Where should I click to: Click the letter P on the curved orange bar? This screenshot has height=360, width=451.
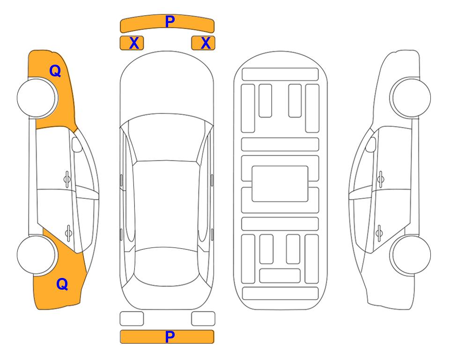pyautogui.click(x=170, y=22)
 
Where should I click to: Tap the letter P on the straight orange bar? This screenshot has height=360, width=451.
pyautogui.click(x=170, y=337)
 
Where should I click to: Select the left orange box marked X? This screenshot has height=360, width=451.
pyautogui.click(x=132, y=43)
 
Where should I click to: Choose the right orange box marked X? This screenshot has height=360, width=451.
pyautogui.click(x=203, y=43)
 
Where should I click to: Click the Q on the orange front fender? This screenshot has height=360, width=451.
pyautogui.click(x=55, y=71)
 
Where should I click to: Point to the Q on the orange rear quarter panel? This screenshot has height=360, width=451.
pyautogui.click(x=62, y=284)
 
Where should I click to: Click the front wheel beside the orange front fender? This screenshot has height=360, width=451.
pyautogui.click(x=37, y=98)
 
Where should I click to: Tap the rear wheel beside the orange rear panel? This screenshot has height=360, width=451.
pyautogui.click(x=37, y=255)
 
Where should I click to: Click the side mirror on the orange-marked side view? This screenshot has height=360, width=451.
pyautogui.click(x=76, y=144)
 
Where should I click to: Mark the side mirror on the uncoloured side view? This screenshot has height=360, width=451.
pyautogui.click(x=371, y=144)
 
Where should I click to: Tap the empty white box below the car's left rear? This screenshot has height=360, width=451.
pyautogui.click(x=132, y=319)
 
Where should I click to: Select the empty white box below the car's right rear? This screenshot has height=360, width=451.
pyautogui.click(x=203, y=319)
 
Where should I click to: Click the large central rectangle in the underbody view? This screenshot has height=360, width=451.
pyautogui.click(x=280, y=184)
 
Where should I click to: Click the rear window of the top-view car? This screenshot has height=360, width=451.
pyautogui.click(x=167, y=266)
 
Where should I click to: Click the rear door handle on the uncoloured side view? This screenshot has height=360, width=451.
pyautogui.click(x=379, y=233)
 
